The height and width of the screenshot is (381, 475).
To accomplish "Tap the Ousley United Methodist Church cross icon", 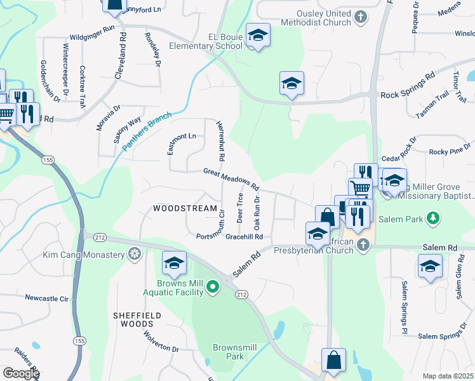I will point(361,17).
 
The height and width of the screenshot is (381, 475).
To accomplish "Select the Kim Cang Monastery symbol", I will point(135,255).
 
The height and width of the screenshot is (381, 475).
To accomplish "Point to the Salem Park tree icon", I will point(433,219).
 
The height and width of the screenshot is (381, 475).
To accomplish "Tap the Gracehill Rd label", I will point(244,237).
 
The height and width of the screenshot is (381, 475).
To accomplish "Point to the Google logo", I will point(21,373).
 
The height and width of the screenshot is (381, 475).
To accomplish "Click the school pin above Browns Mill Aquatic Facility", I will point(174,262).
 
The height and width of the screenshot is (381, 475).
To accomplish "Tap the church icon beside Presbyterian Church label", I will point(363,245).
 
